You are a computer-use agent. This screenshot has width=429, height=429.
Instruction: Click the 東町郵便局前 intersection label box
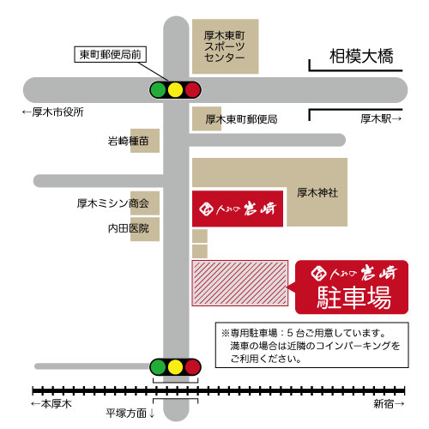click(x=111, y=54)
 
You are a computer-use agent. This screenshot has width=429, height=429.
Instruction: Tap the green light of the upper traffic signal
click(x=158, y=90)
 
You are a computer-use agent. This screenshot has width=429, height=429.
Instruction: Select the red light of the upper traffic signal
click(x=192, y=90)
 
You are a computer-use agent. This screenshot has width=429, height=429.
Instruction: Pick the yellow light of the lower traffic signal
click(x=175, y=367)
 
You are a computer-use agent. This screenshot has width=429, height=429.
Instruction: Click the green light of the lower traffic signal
click(x=158, y=367)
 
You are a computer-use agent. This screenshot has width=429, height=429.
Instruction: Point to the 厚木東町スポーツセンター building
click(x=226, y=46)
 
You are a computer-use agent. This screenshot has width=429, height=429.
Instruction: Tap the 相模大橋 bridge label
click(x=361, y=56)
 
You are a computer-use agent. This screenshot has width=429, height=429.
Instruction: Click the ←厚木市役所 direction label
click(x=53, y=112)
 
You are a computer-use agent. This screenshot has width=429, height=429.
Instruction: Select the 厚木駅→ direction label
click(x=381, y=118)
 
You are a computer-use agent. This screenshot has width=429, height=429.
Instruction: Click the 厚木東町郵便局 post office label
click(x=241, y=119)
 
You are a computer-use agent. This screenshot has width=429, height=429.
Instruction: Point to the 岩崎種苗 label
click(x=128, y=141)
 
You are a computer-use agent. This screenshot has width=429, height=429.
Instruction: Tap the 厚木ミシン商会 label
click(x=113, y=203)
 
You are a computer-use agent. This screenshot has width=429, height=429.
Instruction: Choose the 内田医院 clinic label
click(x=129, y=228)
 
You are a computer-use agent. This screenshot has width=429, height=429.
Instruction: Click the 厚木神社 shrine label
click(x=317, y=193)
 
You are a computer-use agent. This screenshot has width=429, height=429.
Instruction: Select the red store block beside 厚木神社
click(x=238, y=208)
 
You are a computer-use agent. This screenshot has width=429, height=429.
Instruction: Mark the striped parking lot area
click(x=240, y=283)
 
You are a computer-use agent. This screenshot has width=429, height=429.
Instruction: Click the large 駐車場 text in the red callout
click(x=354, y=298)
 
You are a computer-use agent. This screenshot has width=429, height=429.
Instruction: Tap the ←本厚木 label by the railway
click(x=51, y=404)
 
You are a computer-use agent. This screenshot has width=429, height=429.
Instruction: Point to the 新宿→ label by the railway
click(x=389, y=404)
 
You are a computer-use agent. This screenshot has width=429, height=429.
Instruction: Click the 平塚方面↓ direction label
click(x=130, y=414)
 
